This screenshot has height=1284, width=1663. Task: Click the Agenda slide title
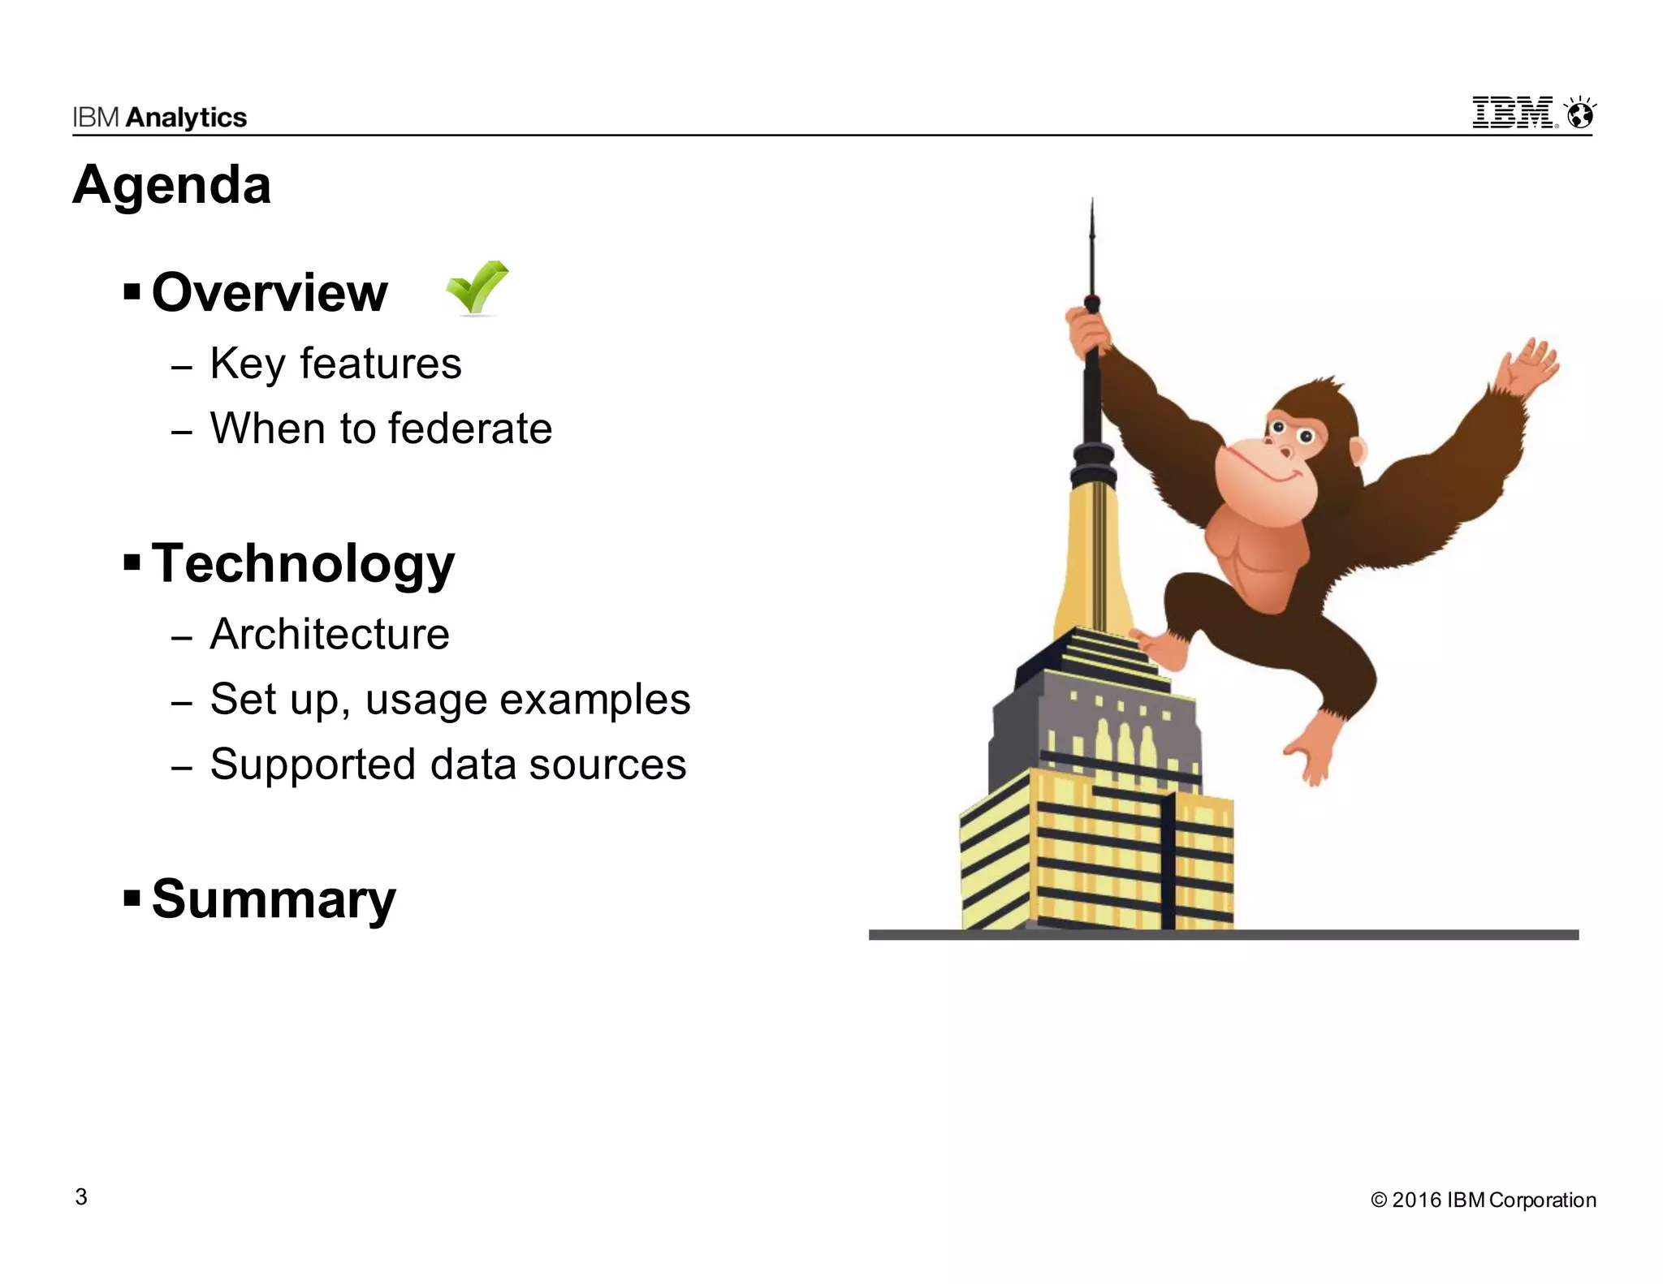(171, 185)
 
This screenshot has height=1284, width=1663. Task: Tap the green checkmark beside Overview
(477, 287)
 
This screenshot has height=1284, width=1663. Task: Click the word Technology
(303, 563)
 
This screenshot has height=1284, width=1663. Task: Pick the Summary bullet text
(274, 899)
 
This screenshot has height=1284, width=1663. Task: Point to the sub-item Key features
(335, 364)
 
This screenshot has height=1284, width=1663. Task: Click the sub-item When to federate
(381, 429)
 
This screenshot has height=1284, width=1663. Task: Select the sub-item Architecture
(330, 634)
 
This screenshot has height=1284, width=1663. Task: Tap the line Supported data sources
(448, 765)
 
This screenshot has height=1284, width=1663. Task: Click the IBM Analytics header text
(159, 118)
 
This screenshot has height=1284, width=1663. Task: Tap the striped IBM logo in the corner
(1514, 113)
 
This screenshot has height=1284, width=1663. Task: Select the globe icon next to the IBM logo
(1580, 114)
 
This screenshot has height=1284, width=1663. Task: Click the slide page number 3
(81, 1197)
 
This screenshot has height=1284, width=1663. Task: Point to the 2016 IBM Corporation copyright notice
(1483, 1200)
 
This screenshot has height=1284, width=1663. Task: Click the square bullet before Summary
(132, 898)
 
